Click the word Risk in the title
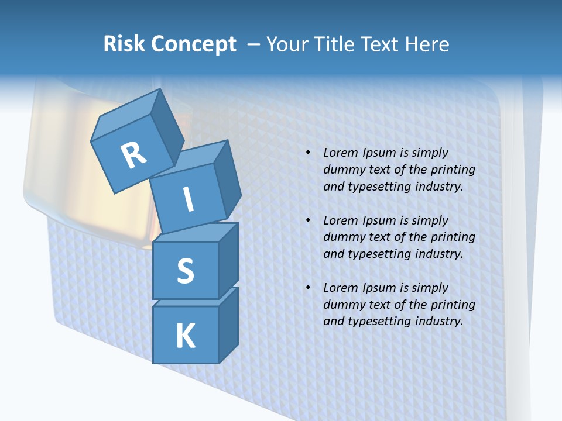124,44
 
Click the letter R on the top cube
134,155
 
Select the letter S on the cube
185,271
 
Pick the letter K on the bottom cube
185,336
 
